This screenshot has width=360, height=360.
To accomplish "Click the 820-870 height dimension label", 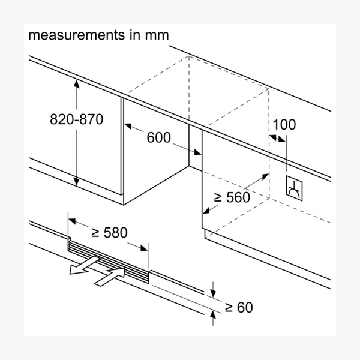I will pyautogui.click(x=77, y=119).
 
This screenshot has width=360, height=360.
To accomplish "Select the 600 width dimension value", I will pyautogui.click(x=158, y=137).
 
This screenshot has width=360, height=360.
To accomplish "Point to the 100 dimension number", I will pyautogui.click(x=284, y=125).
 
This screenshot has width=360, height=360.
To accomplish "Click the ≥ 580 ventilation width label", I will pyautogui.click(x=109, y=232).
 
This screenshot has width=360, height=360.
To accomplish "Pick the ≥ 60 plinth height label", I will pyautogui.click(x=238, y=308).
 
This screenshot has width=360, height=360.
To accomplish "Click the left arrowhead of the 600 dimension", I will pyautogui.click(x=127, y=125).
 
